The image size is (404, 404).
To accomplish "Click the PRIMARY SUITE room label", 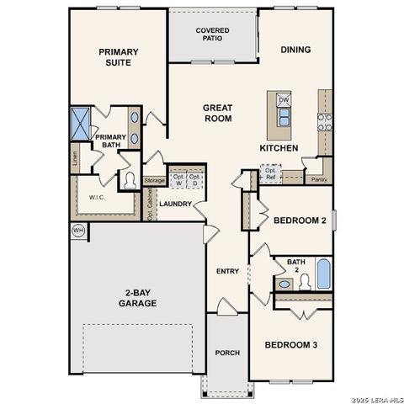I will click(x=118, y=56).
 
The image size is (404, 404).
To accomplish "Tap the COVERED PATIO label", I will click(x=211, y=35).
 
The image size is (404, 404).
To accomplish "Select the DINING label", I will click(x=295, y=50).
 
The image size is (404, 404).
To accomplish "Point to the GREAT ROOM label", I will click(x=217, y=113).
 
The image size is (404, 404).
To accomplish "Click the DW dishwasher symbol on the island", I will click(x=284, y=100).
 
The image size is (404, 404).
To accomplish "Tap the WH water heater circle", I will click(x=78, y=231).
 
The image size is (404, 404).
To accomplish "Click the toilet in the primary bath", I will click(x=130, y=179).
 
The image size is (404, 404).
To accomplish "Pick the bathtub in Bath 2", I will click(x=323, y=274).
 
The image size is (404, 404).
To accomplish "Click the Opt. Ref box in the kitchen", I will click(x=269, y=173).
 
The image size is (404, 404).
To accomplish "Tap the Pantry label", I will click(x=318, y=179).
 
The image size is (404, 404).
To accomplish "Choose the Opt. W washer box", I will click(x=178, y=179).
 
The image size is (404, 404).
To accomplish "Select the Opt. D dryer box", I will click(x=195, y=179).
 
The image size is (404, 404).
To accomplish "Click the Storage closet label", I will click(x=154, y=180).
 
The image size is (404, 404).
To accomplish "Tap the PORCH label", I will click(x=227, y=353).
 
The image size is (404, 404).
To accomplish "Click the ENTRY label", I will click(x=227, y=271).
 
